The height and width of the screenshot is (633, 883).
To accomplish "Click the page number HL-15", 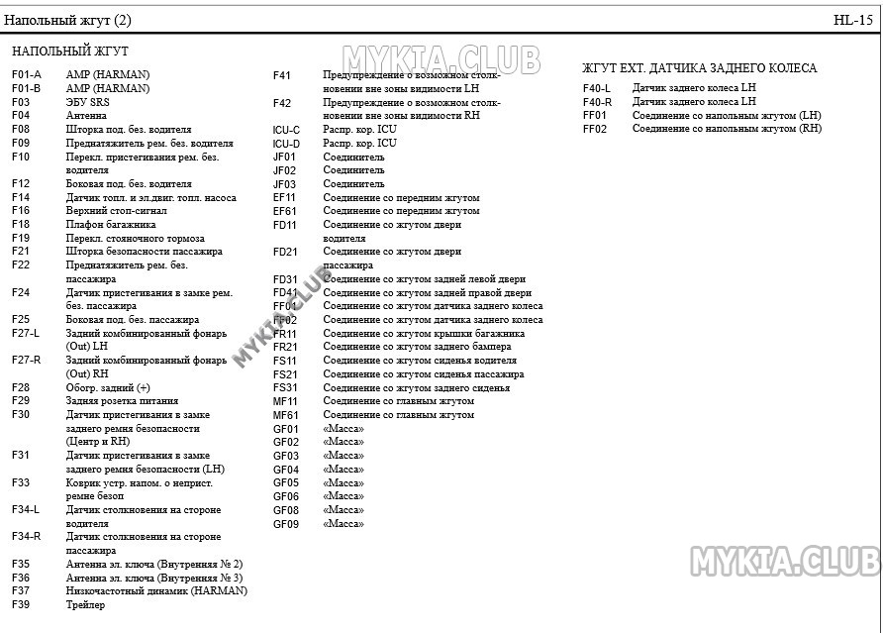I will tap(852, 20).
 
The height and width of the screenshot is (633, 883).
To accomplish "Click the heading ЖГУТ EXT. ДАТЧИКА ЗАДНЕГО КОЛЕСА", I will tap(699, 68).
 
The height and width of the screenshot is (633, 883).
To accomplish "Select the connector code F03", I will tap(21, 102).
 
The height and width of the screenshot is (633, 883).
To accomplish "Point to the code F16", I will tap(21, 211).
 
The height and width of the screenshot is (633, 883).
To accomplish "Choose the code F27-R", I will tap(27, 361).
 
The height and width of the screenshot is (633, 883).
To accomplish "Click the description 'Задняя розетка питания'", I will tap(123, 401).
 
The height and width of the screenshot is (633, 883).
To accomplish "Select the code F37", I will tap(21, 591).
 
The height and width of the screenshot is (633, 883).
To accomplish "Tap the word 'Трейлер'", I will tap(85, 605).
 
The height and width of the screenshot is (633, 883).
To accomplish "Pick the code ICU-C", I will tap(286, 130).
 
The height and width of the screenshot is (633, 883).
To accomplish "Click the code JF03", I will tap(285, 184).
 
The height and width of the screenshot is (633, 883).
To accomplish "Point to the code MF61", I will tap(285, 415).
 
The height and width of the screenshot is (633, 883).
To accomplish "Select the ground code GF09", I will tap(286, 524).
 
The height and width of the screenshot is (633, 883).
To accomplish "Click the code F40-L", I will tap(597, 88).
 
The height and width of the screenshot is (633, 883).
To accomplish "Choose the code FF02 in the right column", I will tap(594, 129).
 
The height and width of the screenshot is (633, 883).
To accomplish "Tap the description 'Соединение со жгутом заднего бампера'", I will tap(417, 347).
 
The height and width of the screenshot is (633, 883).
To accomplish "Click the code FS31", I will tap(285, 388).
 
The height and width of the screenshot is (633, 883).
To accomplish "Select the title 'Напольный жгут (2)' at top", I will tap(67, 20).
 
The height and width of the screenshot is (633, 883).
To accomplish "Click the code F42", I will tap(282, 103).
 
